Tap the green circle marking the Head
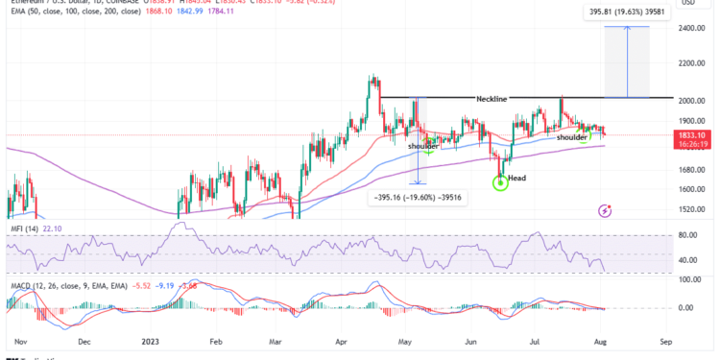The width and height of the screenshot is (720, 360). click(x=500, y=181)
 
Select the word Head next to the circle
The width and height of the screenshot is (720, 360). click(x=516, y=179)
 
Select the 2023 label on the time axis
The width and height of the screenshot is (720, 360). click(x=152, y=340)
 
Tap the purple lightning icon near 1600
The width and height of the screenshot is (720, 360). click(x=605, y=208)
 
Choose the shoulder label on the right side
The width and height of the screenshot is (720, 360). click(x=572, y=137)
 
